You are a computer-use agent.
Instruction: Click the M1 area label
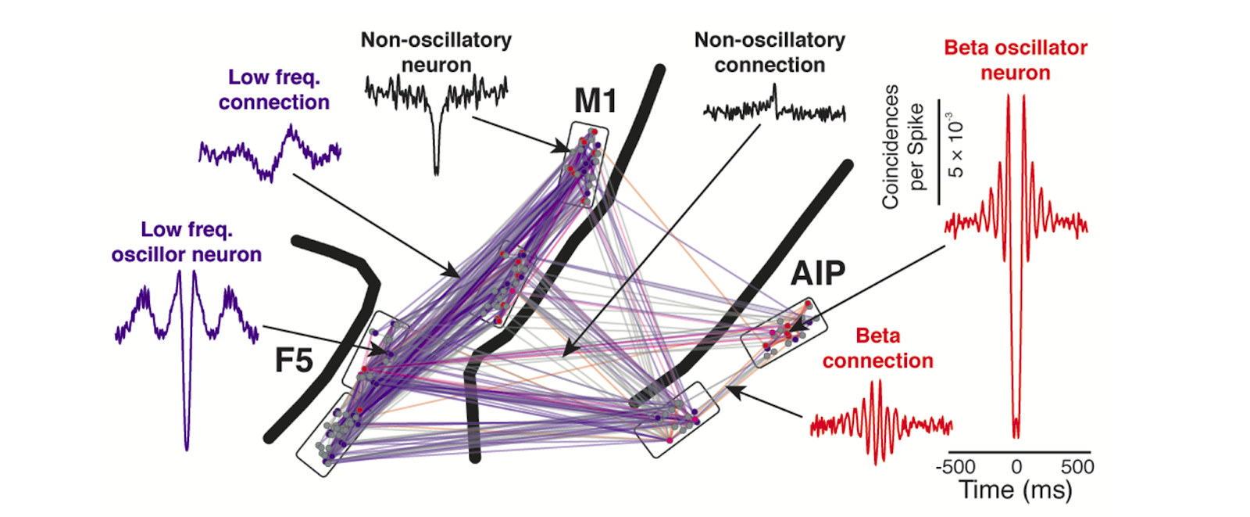coord(595,101)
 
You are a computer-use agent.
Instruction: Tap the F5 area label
coord(294,361)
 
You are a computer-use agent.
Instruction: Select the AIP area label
coord(818,273)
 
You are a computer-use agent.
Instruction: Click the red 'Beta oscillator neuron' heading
coord(1016,60)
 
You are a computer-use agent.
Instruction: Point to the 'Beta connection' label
coord(878,348)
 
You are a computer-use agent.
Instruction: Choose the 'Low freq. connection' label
coord(274,89)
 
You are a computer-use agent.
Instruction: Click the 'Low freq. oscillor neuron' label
coord(187,242)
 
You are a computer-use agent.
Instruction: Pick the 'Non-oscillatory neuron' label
coord(436,52)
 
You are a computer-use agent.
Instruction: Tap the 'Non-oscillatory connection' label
coord(770,52)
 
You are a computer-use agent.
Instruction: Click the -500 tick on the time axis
coord(955,467)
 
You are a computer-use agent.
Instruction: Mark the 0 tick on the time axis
coord(1016,467)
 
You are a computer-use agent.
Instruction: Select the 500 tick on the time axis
coord(1077,467)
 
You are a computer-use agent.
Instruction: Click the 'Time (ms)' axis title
coord(1016,490)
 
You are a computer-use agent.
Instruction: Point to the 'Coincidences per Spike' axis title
coord(902,146)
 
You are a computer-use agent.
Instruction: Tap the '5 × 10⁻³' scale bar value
coord(955,149)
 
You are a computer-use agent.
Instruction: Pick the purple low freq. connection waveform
coord(270,153)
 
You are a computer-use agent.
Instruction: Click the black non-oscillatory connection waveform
coord(774,110)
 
